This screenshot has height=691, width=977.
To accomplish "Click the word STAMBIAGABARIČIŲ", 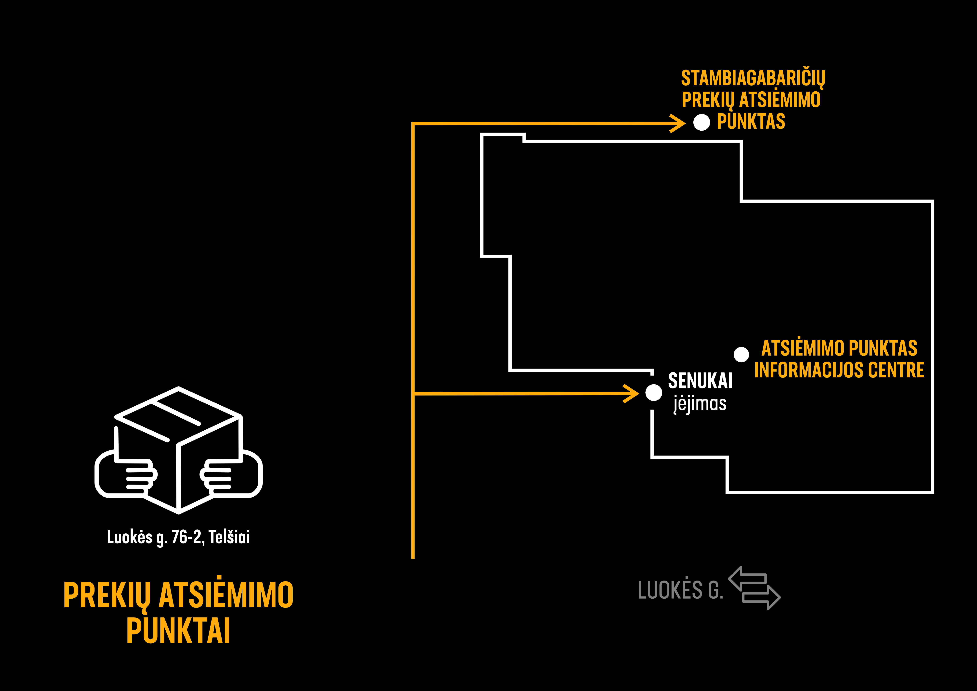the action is [753, 78].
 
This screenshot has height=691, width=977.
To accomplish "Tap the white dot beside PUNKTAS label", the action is [702, 123].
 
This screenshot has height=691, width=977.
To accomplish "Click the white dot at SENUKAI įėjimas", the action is [654, 392].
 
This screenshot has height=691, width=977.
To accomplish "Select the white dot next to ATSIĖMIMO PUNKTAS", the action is [741, 354].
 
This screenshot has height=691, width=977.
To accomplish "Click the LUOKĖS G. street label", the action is [680, 590].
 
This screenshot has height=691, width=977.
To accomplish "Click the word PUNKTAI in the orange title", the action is [178, 631].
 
